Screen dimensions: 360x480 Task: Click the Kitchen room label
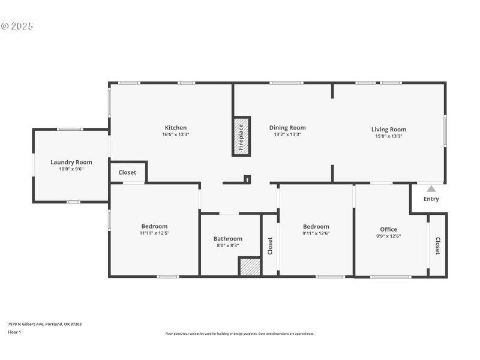(176, 128)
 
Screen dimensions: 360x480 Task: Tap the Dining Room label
(287, 128)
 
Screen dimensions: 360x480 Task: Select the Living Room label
(389, 130)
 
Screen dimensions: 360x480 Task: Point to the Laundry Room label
(71, 162)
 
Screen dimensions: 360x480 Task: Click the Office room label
(388, 229)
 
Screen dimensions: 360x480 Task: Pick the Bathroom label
(229, 238)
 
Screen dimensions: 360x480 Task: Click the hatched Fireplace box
(241, 136)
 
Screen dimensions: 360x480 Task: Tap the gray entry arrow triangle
(431, 188)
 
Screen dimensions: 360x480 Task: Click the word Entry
(431, 199)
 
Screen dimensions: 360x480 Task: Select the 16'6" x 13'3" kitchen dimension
(176, 135)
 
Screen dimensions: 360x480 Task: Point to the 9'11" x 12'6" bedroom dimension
(316, 233)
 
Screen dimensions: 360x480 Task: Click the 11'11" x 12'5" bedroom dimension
(154, 233)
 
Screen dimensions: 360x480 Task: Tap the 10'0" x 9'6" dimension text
(71, 169)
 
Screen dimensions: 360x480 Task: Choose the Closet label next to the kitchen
(127, 172)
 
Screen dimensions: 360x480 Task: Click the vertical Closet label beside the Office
(437, 246)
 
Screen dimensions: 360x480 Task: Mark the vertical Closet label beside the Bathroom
(270, 245)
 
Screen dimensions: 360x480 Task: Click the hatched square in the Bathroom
(250, 266)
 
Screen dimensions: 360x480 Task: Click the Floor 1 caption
(14, 332)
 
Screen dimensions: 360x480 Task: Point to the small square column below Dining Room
(247, 179)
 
